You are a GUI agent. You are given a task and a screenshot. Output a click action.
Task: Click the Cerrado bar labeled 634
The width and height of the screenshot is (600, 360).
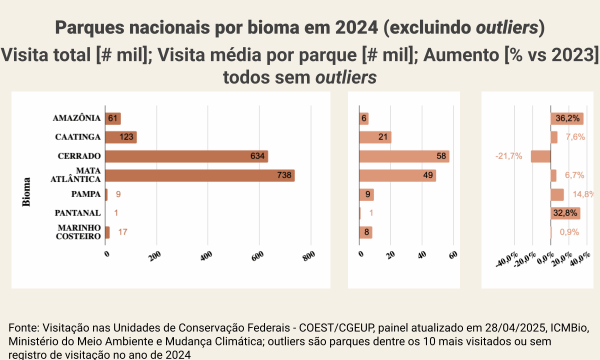click(x=186, y=156)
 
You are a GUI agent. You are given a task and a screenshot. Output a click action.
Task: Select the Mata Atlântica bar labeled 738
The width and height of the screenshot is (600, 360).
click(x=199, y=175)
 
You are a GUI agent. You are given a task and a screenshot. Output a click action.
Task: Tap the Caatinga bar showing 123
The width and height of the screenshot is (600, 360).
click(x=121, y=137)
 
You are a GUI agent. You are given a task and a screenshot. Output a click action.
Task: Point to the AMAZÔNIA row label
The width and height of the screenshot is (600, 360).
click(x=76, y=118)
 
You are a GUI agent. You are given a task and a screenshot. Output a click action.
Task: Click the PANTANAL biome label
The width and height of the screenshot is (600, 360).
click(x=77, y=213)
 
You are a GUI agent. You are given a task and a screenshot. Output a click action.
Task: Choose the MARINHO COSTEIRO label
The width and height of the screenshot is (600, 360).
click(x=78, y=232)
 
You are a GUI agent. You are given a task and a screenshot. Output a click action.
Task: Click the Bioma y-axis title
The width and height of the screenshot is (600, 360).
click(x=26, y=192)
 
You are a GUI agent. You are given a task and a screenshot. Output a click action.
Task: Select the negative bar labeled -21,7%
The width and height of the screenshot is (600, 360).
click(x=540, y=156)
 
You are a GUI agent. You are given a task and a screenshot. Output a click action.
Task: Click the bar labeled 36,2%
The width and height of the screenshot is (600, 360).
click(x=567, y=118)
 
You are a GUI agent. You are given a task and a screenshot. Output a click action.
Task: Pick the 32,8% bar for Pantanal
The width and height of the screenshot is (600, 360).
click(x=565, y=213)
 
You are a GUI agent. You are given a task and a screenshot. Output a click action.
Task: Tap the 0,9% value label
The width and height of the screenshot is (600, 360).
click(x=569, y=232)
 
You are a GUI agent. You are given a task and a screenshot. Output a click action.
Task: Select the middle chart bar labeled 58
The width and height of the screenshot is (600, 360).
click(x=404, y=156)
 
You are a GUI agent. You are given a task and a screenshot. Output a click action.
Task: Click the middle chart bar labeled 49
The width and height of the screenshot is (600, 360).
click(x=397, y=175)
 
